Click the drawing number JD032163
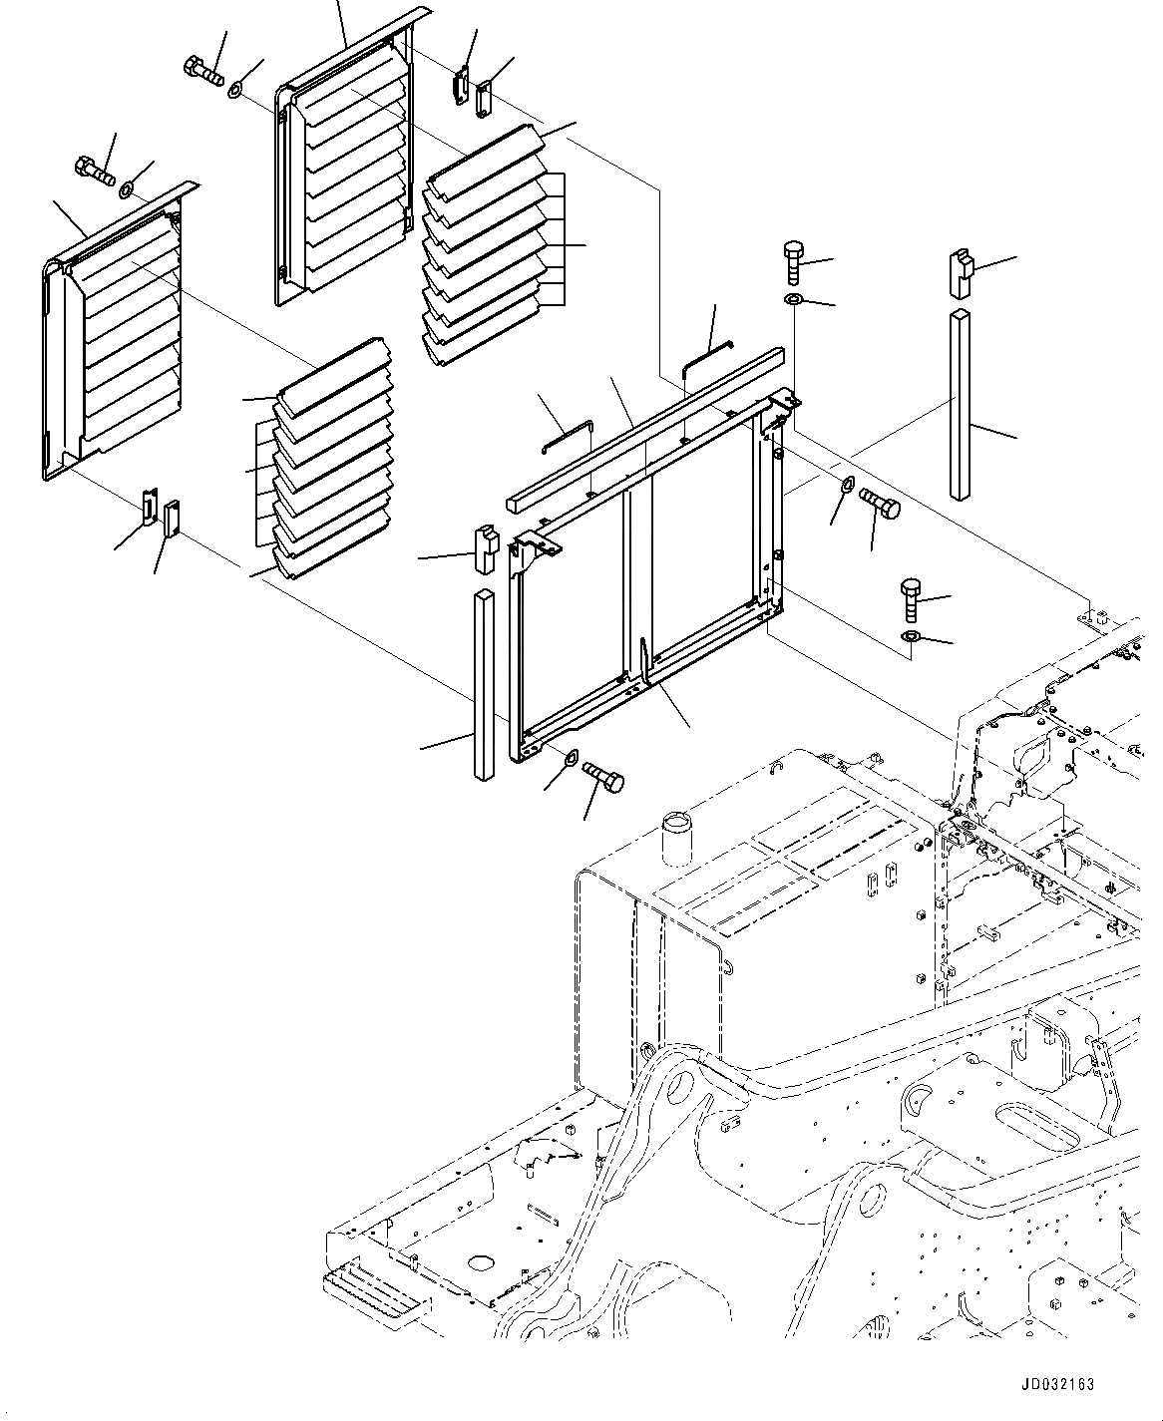pos(1056,1384)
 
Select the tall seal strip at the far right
pos(961,404)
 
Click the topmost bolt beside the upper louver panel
pos(203,70)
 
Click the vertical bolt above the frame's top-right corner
pos(794,261)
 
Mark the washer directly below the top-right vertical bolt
pos(794,301)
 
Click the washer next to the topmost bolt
pos(235,91)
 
